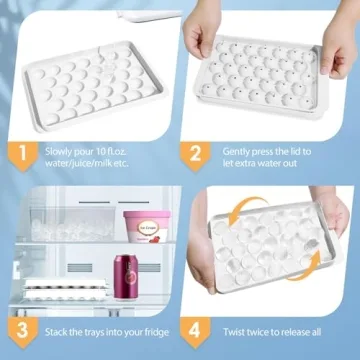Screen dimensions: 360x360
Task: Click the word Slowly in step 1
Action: click(x=56, y=148)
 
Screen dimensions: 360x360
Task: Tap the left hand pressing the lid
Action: click(x=207, y=30)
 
